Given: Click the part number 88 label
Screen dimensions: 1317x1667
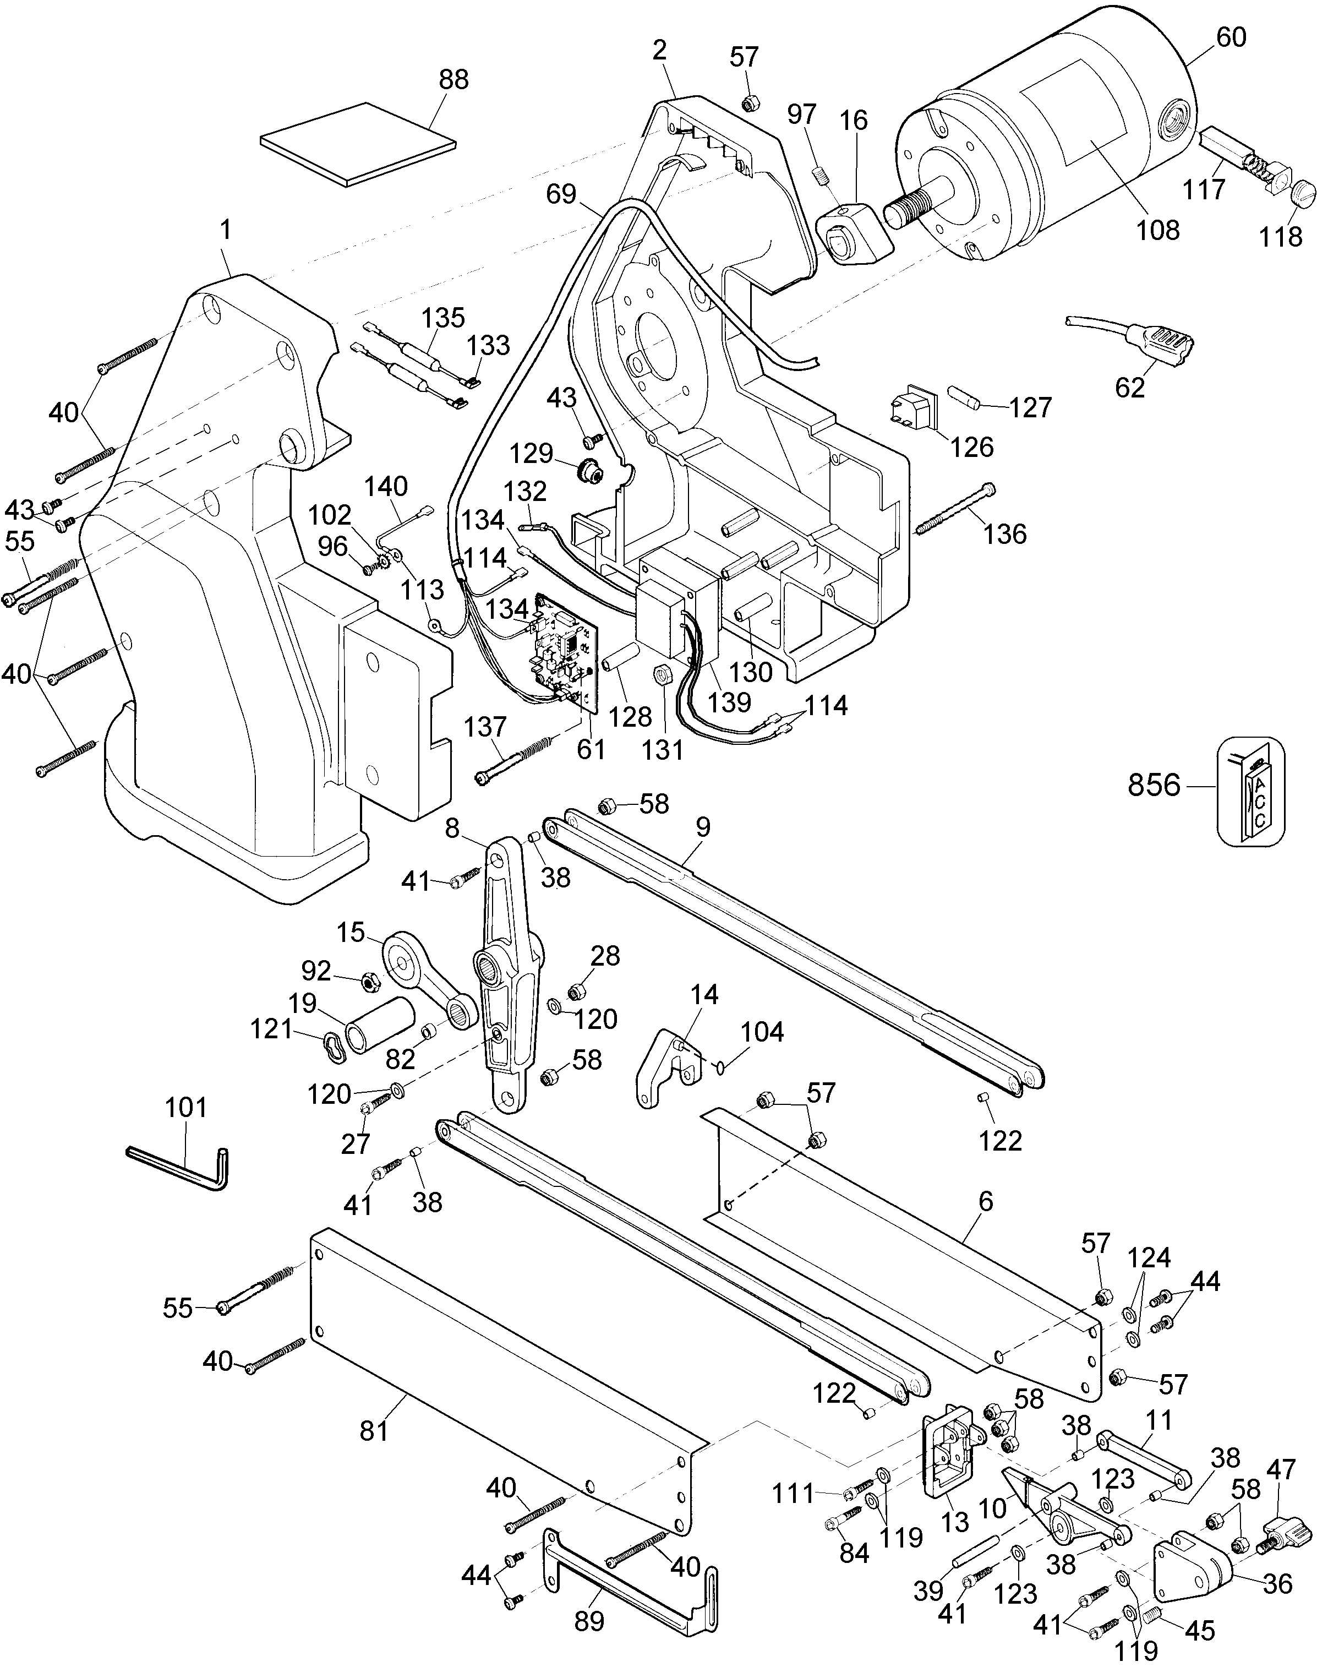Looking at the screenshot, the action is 453,79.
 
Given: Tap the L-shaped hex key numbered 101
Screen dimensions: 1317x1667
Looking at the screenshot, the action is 178,1169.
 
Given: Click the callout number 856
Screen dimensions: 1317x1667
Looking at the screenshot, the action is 1154,785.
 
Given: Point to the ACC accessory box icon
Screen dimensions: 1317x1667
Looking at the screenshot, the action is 1251,791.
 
